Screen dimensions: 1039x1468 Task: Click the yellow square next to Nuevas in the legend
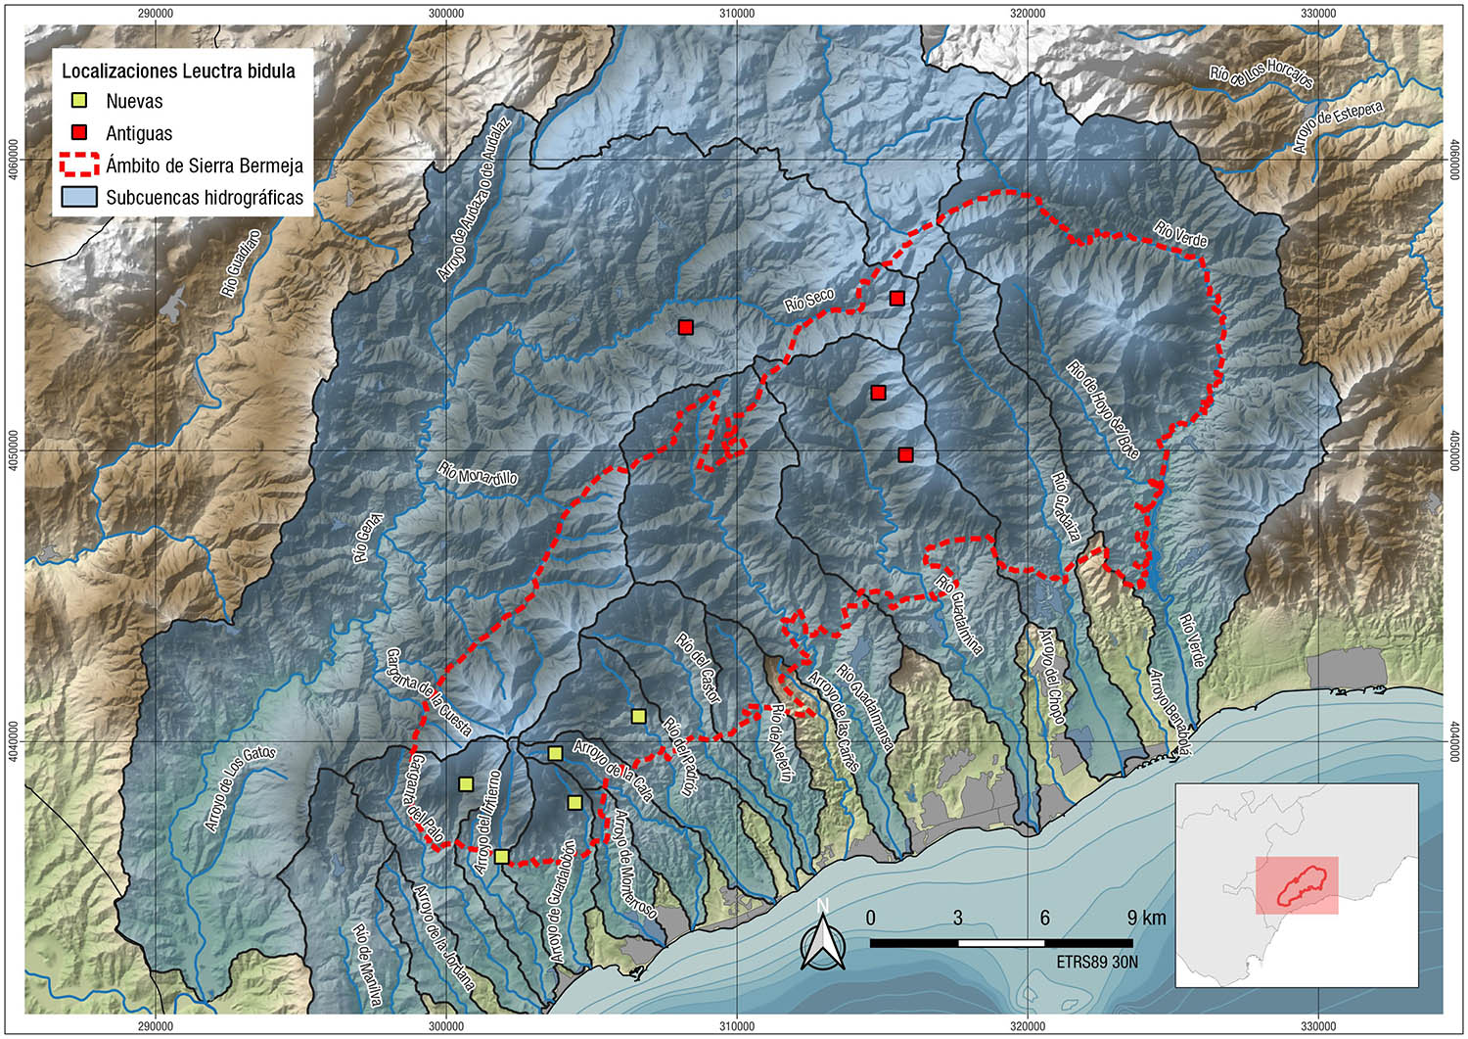(79, 101)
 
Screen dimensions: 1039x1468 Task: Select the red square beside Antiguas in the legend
(79, 132)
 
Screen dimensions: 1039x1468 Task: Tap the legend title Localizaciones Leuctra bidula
(178, 71)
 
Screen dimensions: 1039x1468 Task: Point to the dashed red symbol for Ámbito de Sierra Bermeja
(79, 165)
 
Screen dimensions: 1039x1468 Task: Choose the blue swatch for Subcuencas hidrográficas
(79, 197)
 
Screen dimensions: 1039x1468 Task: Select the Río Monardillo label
(478, 474)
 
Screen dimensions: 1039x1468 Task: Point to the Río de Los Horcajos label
(1262, 73)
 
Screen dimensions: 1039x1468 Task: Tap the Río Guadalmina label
(959, 614)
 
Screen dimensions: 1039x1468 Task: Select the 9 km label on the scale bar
(1146, 918)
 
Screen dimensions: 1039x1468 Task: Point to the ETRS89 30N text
(1097, 962)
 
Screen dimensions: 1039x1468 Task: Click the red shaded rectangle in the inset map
(1297, 885)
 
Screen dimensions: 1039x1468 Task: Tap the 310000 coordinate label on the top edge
(736, 13)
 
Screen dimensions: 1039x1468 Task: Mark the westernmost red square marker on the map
(686, 327)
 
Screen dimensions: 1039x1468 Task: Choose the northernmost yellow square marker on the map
(638, 716)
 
